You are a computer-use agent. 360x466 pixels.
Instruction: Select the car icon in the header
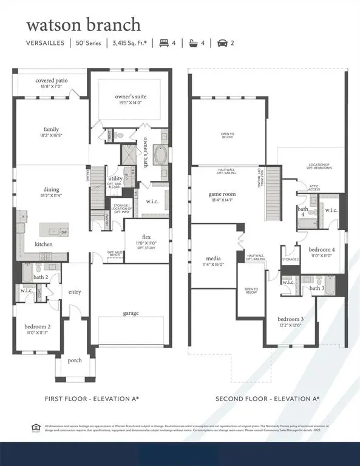click(x=223, y=43)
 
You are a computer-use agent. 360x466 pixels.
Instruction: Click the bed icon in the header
click(x=164, y=43)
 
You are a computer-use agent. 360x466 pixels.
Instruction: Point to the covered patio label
click(x=52, y=80)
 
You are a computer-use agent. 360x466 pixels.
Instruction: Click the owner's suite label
click(x=131, y=96)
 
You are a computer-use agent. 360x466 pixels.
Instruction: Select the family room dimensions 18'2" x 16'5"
click(x=52, y=137)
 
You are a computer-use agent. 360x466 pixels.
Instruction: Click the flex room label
click(x=146, y=237)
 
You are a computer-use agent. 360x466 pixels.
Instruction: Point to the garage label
click(x=131, y=313)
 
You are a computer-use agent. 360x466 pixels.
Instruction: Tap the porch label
click(x=74, y=360)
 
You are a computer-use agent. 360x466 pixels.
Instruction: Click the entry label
click(x=75, y=291)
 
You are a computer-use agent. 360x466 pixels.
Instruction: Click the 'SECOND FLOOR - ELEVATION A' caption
click(x=267, y=399)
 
